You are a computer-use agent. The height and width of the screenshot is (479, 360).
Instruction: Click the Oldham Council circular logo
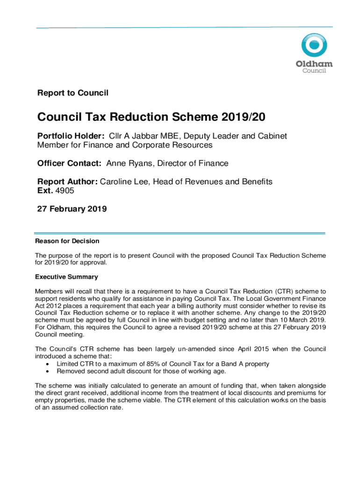[x=314, y=46]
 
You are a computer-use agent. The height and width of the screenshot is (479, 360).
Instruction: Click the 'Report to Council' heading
[x=72, y=93]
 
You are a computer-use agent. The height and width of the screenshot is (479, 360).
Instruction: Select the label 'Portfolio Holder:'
[x=71, y=136]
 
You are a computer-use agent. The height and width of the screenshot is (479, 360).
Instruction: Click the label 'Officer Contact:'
[x=70, y=164]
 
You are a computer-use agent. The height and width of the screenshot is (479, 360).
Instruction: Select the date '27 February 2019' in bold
[x=72, y=209]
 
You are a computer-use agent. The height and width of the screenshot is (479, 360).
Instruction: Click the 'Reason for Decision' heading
[x=67, y=241]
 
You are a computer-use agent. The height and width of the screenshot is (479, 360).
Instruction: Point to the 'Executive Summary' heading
[x=66, y=277]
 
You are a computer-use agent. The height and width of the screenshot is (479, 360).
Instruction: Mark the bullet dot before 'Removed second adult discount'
[x=48, y=371]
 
